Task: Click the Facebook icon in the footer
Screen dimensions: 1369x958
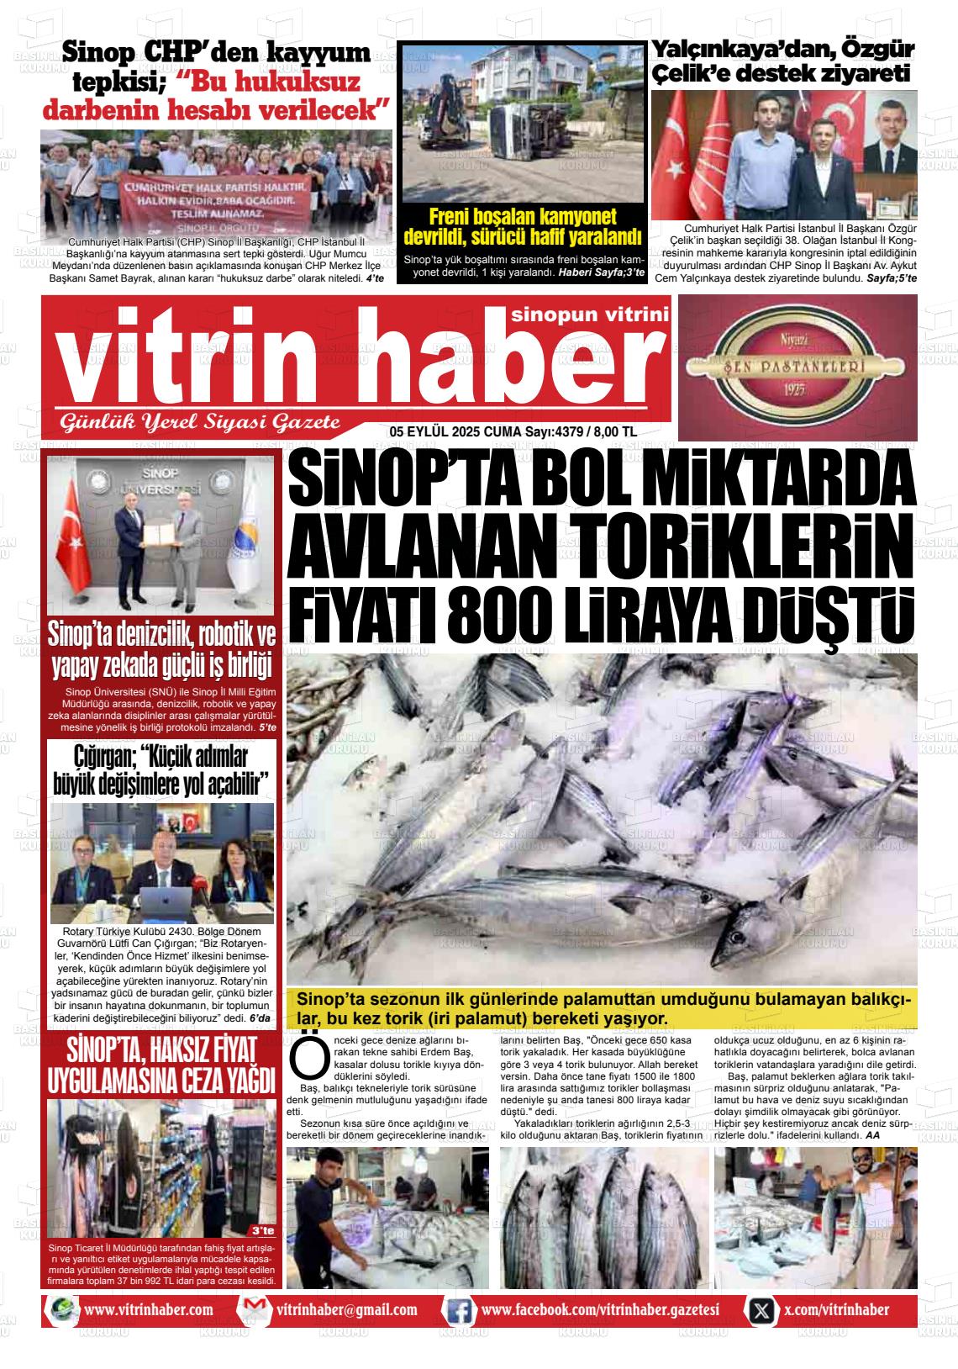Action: click(458, 1310)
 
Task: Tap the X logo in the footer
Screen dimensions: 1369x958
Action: click(761, 1310)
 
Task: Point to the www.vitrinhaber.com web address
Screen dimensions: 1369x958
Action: click(148, 1310)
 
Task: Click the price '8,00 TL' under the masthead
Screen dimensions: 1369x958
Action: click(615, 431)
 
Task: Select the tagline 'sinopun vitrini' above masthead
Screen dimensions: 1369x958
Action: click(589, 314)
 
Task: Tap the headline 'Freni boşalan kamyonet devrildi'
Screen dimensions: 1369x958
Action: click(522, 225)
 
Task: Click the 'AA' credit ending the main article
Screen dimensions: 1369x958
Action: click(872, 1135)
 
